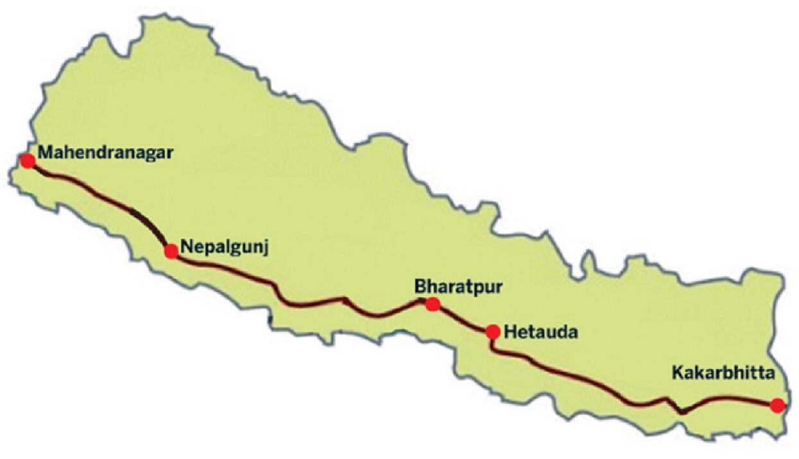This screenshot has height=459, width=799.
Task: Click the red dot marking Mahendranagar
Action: (x=28, y=160)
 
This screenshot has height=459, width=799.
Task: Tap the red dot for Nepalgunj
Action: (x=171, y=251)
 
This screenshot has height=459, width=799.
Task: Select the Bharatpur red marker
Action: (x=433, y=304)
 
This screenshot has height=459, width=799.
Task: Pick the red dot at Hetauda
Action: (x=493, y=332)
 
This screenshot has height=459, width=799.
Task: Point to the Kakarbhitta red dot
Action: (x=777, y=405)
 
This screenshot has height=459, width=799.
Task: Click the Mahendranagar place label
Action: (x=106, y=153)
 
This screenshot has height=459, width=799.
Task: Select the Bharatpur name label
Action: (x=458, y=286)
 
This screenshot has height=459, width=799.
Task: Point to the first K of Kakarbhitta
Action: (x=676, y=372)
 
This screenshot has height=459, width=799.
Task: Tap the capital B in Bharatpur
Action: (x=420, y=286)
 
